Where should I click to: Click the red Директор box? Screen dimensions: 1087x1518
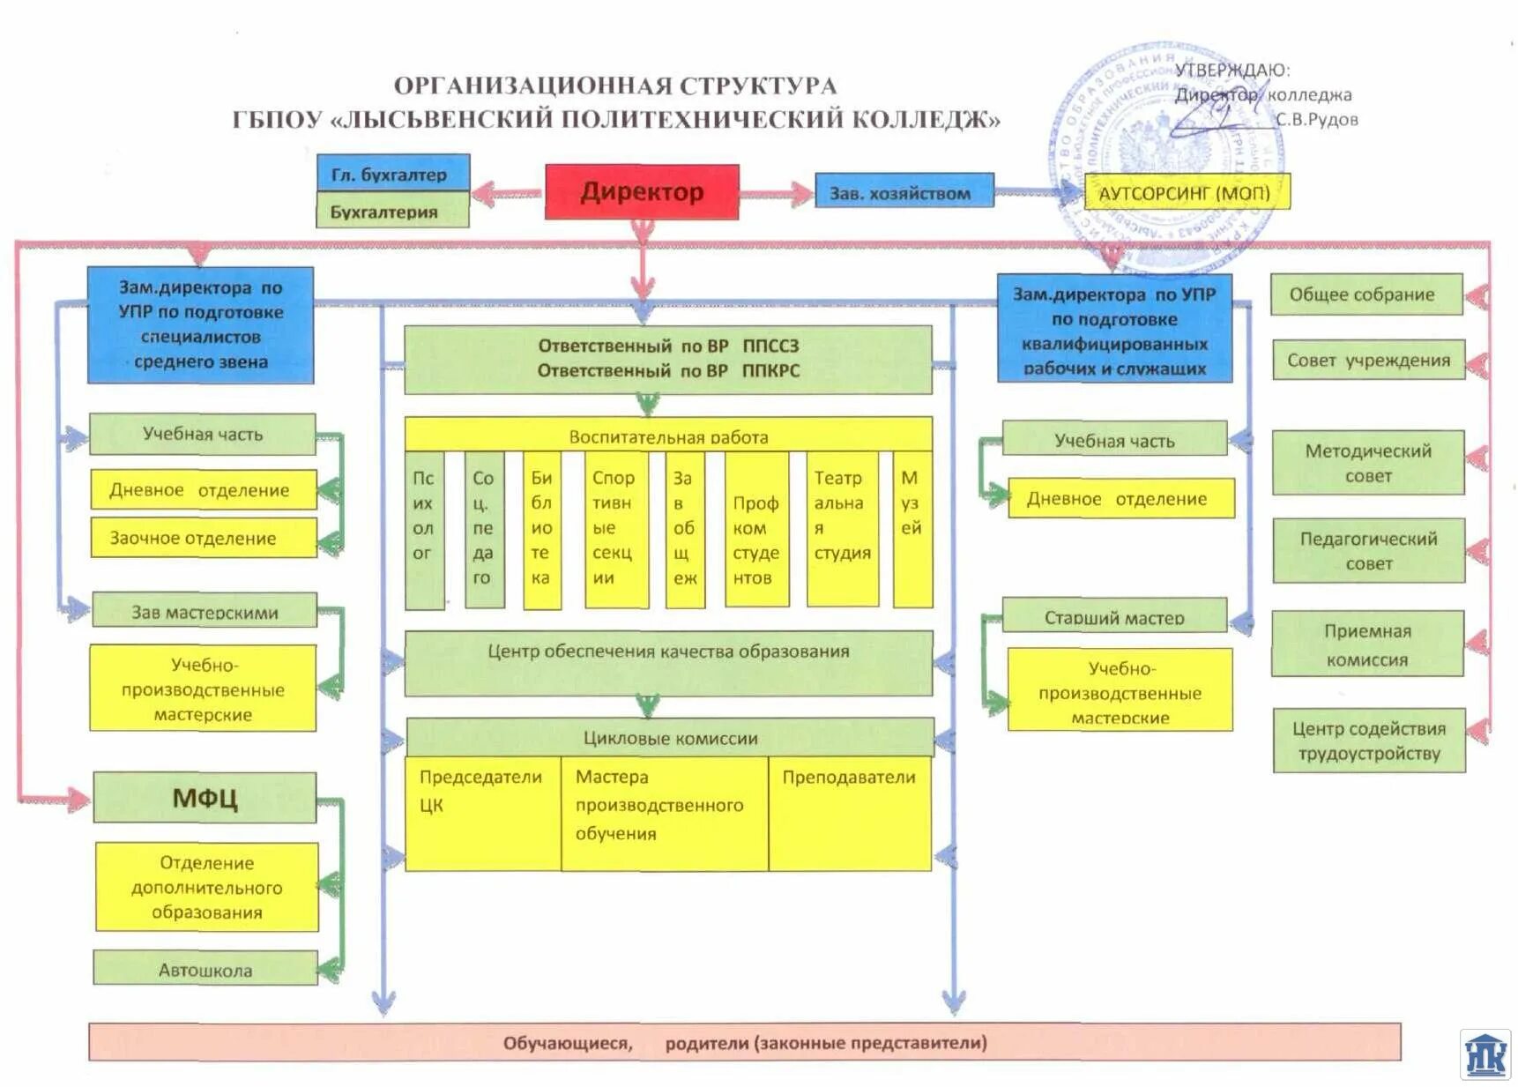pyautogui.click(x=642, y=191)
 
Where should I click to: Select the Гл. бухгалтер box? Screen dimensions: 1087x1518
pyautogui.click(x=392, y=173)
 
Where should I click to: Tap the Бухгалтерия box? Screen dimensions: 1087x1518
pyautogui.click(x=392, y=212)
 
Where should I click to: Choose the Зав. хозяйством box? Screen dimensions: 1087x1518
pyautogui.click(x=903, y=192)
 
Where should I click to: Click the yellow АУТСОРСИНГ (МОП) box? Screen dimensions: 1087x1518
pyautogui.click(x=1186, y=192)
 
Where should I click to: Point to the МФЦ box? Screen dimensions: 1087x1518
pyautogui.click(x=205, y=798)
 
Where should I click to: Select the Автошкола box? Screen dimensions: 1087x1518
pyautogui.click(x=205, y=969)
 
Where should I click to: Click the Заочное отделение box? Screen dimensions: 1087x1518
pyautogui.click(x=203, y=538)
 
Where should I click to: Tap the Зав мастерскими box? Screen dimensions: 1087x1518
pyautogui.click(x=205, y=611)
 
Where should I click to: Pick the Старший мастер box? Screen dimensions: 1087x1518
pyautogui.click(x=1114, y=616)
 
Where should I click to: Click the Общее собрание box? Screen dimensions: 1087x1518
pyautogui.click(x=1366, y=294)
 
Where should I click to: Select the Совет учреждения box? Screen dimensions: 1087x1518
pyautogui.click(x=1368, y=360)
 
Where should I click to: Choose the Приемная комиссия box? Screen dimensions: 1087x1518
pyautogui.click(x=1367, y=644)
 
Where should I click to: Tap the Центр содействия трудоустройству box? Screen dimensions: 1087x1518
pyautogui.click(x=1369, y=741)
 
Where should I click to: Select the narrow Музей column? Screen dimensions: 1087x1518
pyautogui.click(x=912, y=529)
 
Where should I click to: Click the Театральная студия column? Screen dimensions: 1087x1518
pyautogui.click(x=843, y=529)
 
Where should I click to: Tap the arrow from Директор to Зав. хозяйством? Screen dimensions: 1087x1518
pyautogui.click(x=777, y=194)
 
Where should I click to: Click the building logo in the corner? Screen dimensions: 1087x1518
pyautogui.click(x=1485, y=1054)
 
